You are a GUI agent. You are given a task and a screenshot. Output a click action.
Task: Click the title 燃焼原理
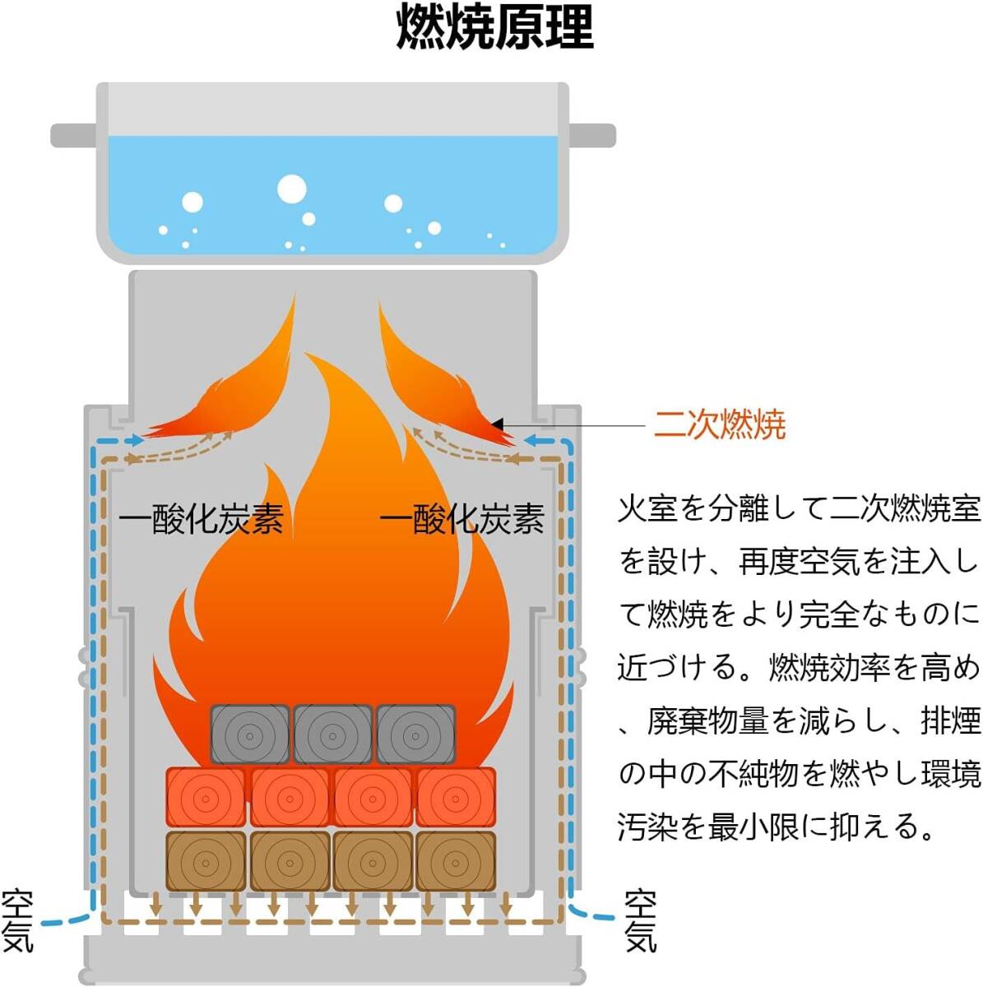[x=494, y=28]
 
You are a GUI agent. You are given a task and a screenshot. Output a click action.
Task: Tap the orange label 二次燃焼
[x=720, y=424]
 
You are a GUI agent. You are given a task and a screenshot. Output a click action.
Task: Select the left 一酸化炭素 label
[x=202, y=519]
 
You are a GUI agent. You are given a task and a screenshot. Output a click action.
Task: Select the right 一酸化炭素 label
[x=462, y=519]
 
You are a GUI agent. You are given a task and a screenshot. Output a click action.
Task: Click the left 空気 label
[x=18, y=920]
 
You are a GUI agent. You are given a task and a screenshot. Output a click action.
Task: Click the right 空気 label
[x=640, y=920]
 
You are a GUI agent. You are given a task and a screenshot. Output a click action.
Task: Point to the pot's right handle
[x=592, y=135]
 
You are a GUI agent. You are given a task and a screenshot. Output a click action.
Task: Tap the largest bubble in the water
[x=292, y=188]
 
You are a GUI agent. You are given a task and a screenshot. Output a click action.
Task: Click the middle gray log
[x=333, y=734]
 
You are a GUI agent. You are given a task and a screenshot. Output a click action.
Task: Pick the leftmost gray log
[x=250, y=734]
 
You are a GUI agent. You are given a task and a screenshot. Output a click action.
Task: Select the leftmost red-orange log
[x=206, y=797]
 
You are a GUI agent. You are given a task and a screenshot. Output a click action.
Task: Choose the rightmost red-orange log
[x=456, y=797]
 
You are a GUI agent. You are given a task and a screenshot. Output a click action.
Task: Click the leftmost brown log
[x=206, y=861]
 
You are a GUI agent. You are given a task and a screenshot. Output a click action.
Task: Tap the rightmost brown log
[x=456, y=861]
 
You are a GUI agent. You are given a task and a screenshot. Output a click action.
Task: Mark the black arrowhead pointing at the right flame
[x=498, y=424]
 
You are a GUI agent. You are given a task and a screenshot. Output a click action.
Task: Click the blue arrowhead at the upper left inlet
[x=137, y=441]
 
